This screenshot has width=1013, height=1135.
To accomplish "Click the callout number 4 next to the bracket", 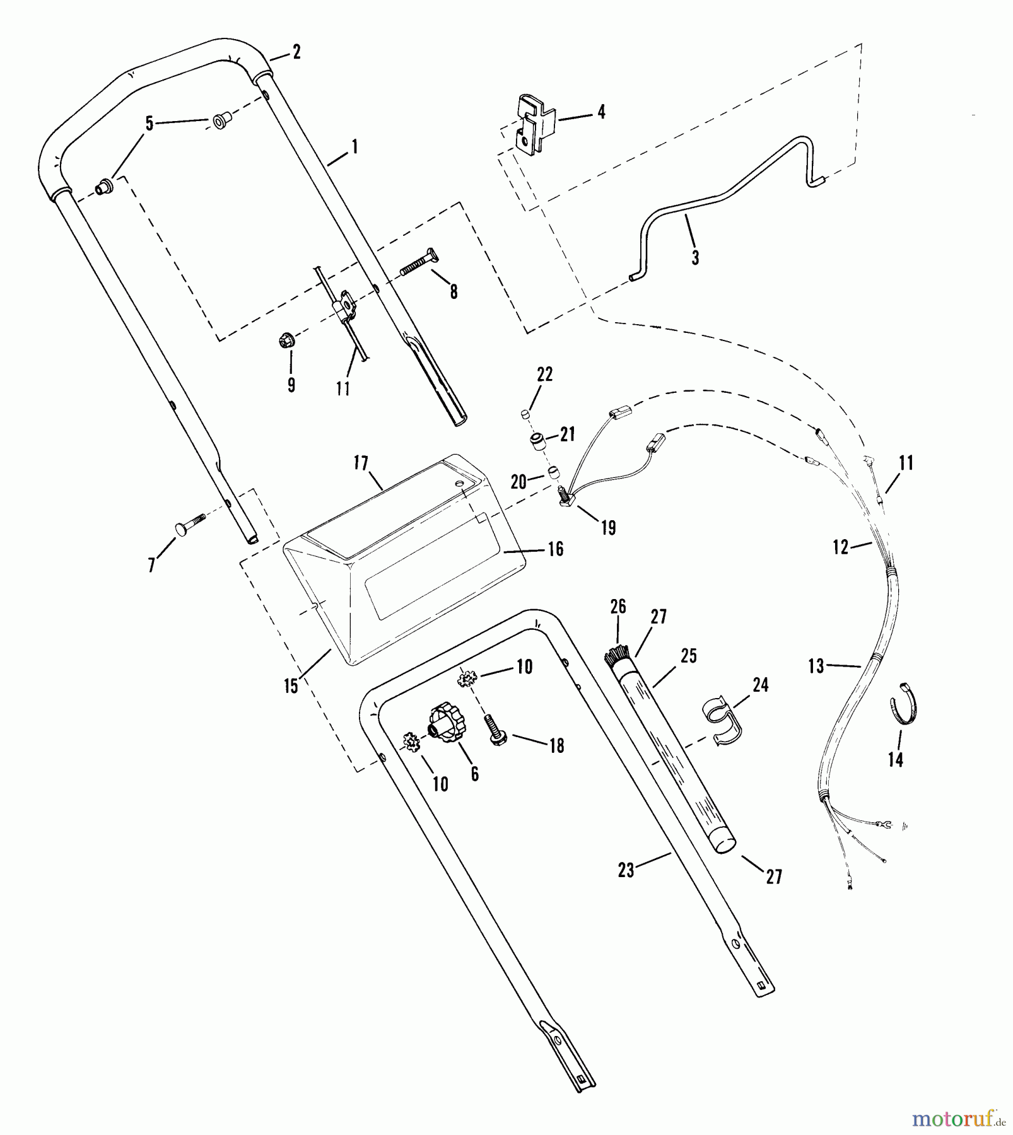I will tap(601, 112).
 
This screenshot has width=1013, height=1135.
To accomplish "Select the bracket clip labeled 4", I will tap(535, 125).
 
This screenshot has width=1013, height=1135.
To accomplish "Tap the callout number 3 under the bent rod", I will tap(695, 257).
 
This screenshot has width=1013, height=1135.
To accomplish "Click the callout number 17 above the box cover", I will tap(360, 463).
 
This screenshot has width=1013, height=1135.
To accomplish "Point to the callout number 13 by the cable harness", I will tap(816, 666).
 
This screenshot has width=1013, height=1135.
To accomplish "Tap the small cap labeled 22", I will tap(523, 414).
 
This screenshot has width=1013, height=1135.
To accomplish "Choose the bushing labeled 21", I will tap(537, 441).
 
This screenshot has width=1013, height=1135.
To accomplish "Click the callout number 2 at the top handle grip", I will tap(296, 52).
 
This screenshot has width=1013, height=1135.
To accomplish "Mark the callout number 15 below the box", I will tap(291, 686).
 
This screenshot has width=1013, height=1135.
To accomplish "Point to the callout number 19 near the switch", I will tap(608, 528).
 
